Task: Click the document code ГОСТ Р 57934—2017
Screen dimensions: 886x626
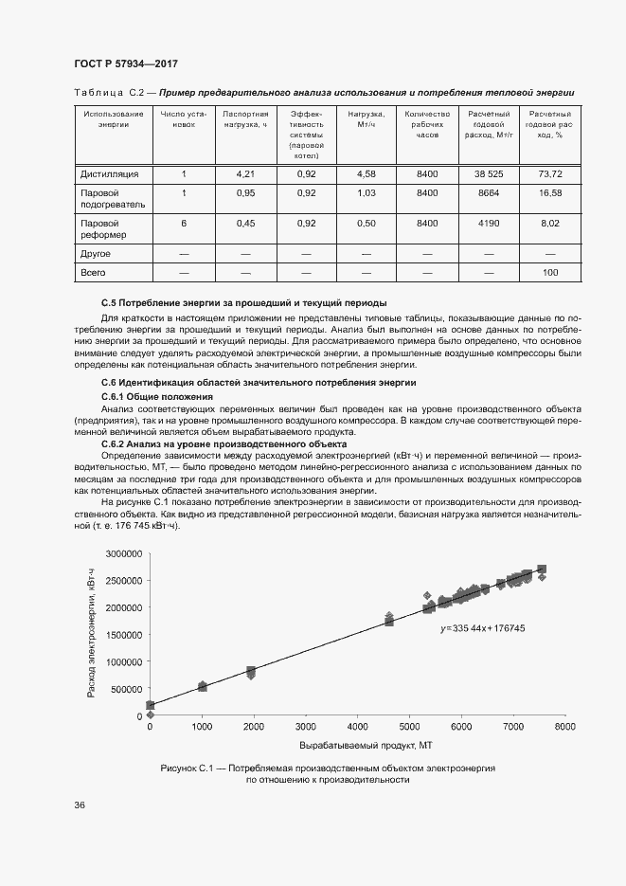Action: pos(126,63)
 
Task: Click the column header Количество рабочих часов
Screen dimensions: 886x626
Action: pos(426,124)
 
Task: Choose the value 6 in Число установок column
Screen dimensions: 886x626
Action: pos(184,223)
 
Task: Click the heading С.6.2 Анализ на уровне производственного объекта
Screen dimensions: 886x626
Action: pos(224,443)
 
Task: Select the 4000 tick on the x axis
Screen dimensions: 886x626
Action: pos(357,726)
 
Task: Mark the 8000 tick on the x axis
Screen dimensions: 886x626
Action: pos(564,726)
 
